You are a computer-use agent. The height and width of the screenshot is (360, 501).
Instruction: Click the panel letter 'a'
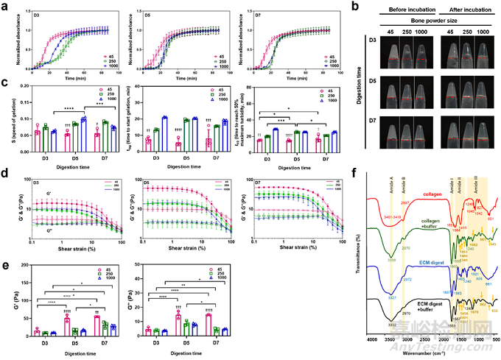point(4,5)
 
